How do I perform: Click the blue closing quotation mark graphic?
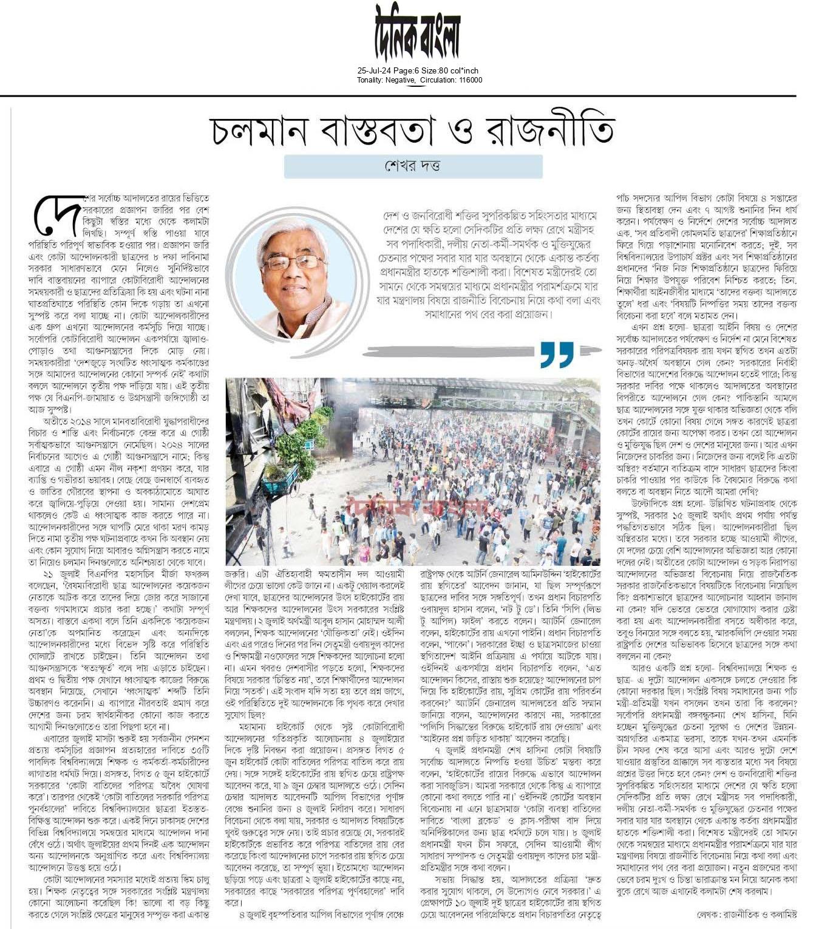pos(556,354)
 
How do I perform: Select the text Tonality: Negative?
pos(386,80)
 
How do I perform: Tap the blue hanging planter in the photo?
pos(280,478)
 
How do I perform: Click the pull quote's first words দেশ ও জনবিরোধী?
pos(412,217)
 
